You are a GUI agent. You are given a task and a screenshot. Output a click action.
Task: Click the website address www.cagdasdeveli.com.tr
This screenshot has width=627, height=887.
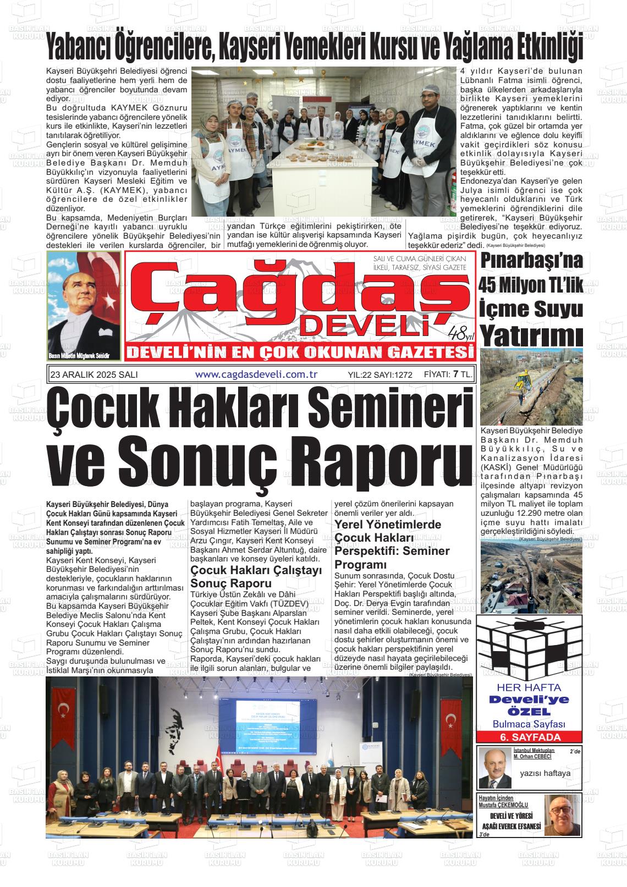pos(257,374)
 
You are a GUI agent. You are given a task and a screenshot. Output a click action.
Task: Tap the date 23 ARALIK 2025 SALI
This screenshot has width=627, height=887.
pos(94,374)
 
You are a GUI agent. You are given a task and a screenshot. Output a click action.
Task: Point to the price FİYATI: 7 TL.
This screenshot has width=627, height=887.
pos(448,374)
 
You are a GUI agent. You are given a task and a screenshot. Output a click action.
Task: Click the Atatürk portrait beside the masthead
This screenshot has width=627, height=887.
pos(84,305)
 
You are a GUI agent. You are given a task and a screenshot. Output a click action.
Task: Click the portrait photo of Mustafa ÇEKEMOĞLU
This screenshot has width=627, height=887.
pos(562,815)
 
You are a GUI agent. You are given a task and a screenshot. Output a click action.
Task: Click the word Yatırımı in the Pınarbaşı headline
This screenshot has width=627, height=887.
pos(531,335)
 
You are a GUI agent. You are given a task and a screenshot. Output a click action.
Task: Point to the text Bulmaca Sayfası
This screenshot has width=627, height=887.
pos(529,724)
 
